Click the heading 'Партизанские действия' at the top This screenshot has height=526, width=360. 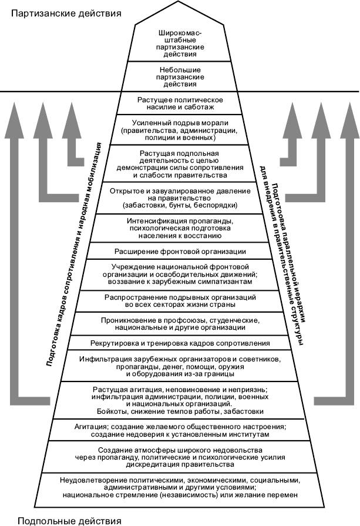(66, 14)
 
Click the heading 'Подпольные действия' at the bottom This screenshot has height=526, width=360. (69, 521)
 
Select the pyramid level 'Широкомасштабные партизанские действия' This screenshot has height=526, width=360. (180, 43)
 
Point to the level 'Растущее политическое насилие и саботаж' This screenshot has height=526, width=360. (180, 103)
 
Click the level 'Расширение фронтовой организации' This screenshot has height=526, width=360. (180, 252)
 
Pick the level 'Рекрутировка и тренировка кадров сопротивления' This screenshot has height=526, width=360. (180, 343)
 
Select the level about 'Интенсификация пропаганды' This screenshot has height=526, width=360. (180, 228)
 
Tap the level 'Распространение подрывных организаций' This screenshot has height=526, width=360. (180, 301)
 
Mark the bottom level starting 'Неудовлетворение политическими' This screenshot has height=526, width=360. (180, 487)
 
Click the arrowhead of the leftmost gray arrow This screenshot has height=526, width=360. (14, 120)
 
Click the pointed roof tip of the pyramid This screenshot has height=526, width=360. (179, 1)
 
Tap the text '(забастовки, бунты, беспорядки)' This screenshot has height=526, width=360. (180, 205)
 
